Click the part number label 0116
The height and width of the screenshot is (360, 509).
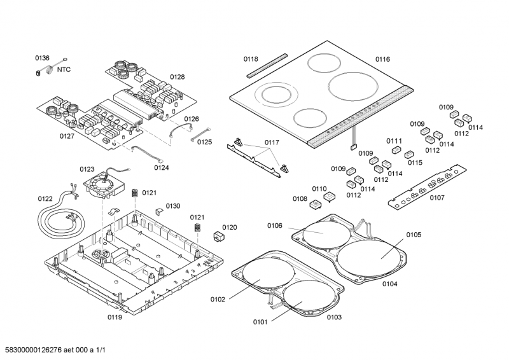coord(382,59)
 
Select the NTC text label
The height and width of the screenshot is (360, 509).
coord(64,69)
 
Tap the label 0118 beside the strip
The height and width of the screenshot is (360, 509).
coord(251,59)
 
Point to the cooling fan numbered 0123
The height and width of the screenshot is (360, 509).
coord(102,186)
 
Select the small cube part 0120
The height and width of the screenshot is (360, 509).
coord(220,237)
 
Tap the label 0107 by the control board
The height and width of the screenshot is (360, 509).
coord(437,197)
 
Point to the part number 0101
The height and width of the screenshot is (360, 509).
coord(260,322)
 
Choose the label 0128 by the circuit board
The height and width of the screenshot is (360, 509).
coord(177,77)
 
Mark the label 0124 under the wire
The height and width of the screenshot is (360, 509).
coord(162,168)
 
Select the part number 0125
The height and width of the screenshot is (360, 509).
coord(204,142)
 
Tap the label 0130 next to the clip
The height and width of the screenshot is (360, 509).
coord(173,205)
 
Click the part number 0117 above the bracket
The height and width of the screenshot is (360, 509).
coord(272,142)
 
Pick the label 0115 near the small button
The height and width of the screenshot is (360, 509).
coord(415,163)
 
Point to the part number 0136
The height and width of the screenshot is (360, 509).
coord(42,58)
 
